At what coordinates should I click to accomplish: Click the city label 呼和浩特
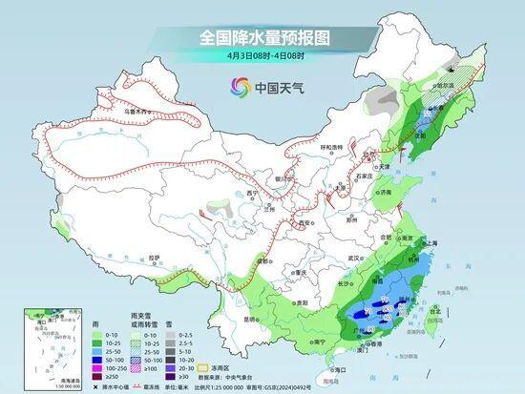pos(331,147)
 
